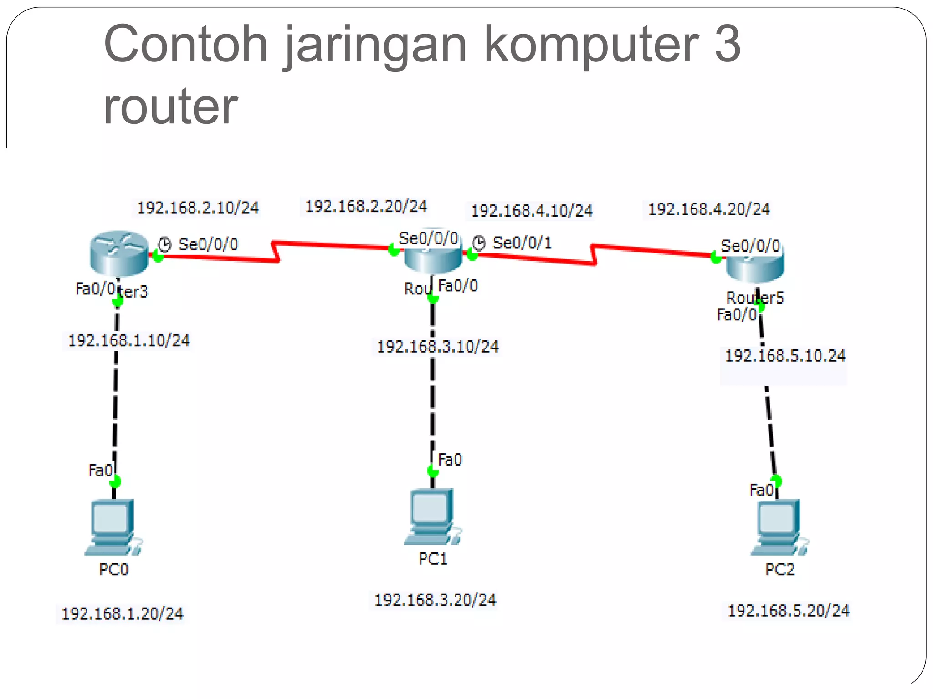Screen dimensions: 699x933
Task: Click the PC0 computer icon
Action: tap(113, 527)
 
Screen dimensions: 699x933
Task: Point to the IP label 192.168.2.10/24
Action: tap(198, 208)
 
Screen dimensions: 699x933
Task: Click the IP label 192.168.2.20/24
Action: tap(366, 206)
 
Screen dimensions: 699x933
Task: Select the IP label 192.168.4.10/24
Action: tap(531, 211)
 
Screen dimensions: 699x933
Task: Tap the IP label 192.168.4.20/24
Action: tap(708, 209)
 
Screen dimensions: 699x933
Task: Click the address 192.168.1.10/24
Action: tap(128, 341)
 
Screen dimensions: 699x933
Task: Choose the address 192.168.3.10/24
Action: tap(437, 347)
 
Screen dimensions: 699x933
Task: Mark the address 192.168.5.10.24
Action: tap(784, 356)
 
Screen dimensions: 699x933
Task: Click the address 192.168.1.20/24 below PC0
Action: tap(122, 614)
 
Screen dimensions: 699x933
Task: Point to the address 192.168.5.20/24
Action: tap(788, 611)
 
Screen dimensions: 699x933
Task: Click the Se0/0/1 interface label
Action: tap(522, 243)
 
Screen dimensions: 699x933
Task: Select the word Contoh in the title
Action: tap(185, 44)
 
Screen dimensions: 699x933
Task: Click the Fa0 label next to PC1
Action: tap(450, 460)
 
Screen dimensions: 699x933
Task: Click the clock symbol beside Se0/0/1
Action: tap(478, 243)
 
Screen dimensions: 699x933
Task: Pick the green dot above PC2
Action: tap(776, 481)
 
